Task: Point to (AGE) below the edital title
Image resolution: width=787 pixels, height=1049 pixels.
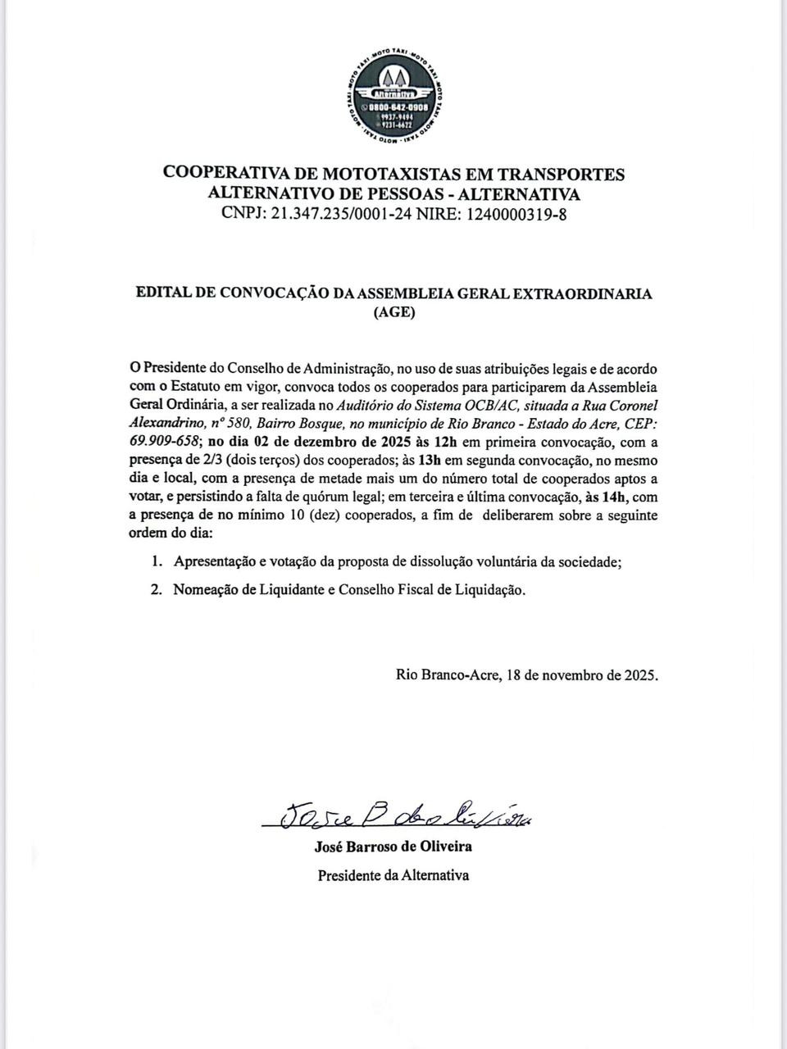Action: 393,312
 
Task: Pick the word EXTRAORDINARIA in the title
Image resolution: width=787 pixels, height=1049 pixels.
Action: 585,293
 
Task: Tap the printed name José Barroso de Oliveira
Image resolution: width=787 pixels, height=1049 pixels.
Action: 393,847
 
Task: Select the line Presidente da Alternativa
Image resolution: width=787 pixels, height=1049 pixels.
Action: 393,874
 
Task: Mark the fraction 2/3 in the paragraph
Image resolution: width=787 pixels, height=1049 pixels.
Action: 201,460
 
